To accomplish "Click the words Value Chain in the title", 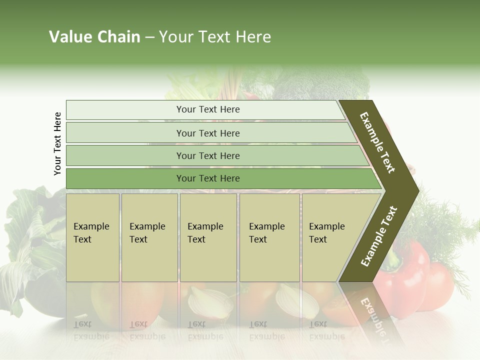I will click(94, 37).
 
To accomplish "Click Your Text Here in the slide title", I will click(215, 37).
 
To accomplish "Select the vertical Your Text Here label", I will click(57, 143).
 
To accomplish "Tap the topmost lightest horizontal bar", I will click(207, 109).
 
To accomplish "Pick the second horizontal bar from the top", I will click(207, 133).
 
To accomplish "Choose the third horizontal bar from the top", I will click(207, 155).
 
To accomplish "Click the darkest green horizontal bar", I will click(207, 178).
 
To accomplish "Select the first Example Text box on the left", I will click(92, 237).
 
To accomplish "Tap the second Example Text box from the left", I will click(149, 237).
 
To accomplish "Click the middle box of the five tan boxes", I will click(208, 237).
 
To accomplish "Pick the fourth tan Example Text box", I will click(269, 237).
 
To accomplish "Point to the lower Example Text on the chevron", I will click(379, 236).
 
